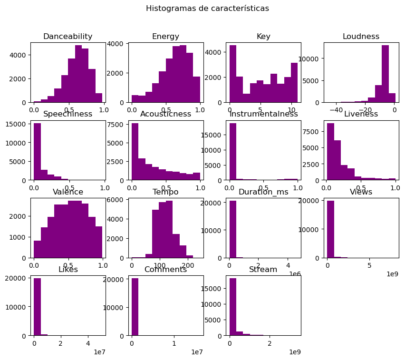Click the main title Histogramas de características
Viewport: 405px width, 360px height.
click(x=207, y=8)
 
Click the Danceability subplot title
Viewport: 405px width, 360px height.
click(x=67, y=37)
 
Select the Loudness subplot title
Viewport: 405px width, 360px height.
click(x=361, y=37)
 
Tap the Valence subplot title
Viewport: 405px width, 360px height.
click(x=67, y=192)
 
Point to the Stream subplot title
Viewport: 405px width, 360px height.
click(x=263, y=270)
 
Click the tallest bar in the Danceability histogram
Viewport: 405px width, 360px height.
click(x=78, y=74)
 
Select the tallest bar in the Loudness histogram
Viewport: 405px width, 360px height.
click(x=385, y=74)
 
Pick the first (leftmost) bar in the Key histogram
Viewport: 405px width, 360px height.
click(x=233, y=74)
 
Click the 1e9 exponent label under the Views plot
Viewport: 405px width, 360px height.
click(x=392, y=274)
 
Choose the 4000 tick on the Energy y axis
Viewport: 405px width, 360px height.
click(x=118, y=44)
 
